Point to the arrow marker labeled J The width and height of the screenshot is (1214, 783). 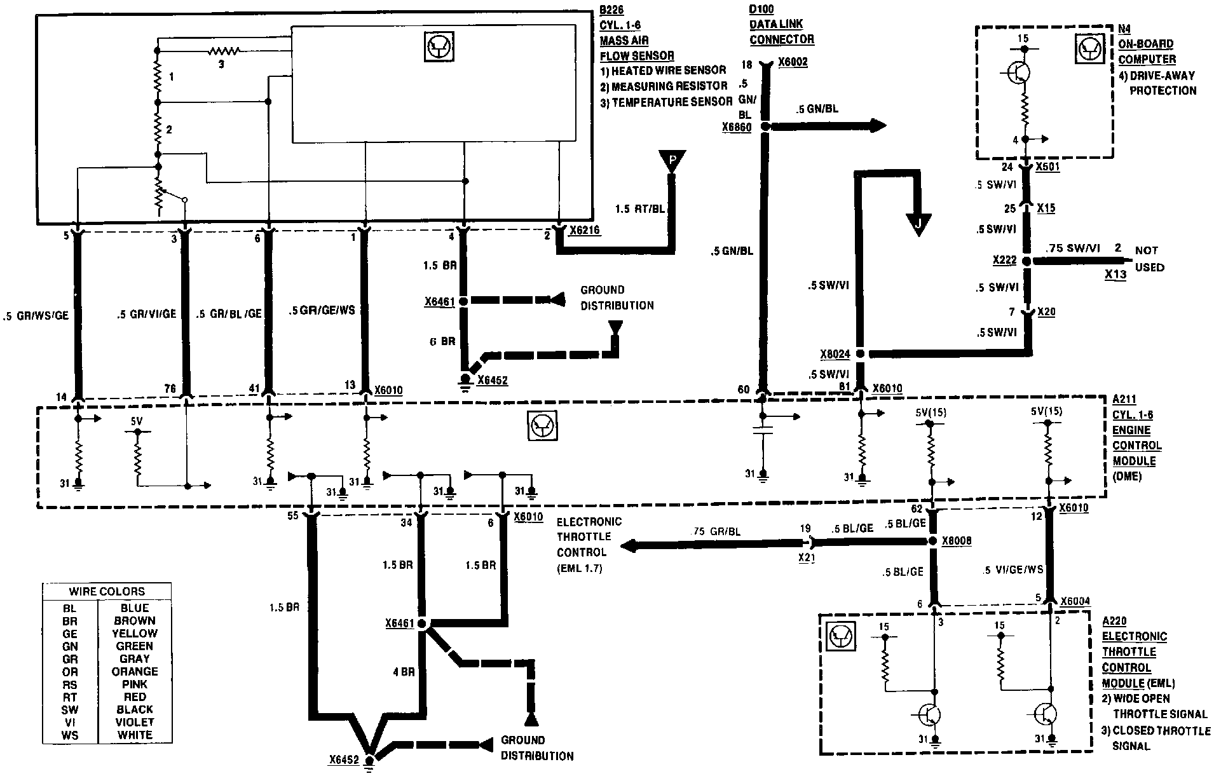pos(917,224)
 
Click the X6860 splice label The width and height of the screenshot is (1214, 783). pos(737,128)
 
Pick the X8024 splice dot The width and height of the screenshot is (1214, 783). pos(860,354)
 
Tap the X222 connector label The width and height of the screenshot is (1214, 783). pos(1004,261)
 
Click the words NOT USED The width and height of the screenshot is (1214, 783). pos(1149,259)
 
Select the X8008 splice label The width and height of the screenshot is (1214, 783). pos(957,541)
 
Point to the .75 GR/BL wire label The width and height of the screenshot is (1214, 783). pos(716,531)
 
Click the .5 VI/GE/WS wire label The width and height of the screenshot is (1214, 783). pos(1013,570)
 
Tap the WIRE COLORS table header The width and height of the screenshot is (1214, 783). pos(107,591)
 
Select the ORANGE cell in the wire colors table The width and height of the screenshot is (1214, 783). pos(135,672)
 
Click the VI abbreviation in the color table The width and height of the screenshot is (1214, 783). pos(70,723)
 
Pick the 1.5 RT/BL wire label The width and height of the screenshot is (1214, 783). pos(640,208)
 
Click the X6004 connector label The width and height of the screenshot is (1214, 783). pos(1074,601)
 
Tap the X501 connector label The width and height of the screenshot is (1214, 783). pos(1047,167)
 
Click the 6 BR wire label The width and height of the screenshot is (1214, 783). pos(442,341)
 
